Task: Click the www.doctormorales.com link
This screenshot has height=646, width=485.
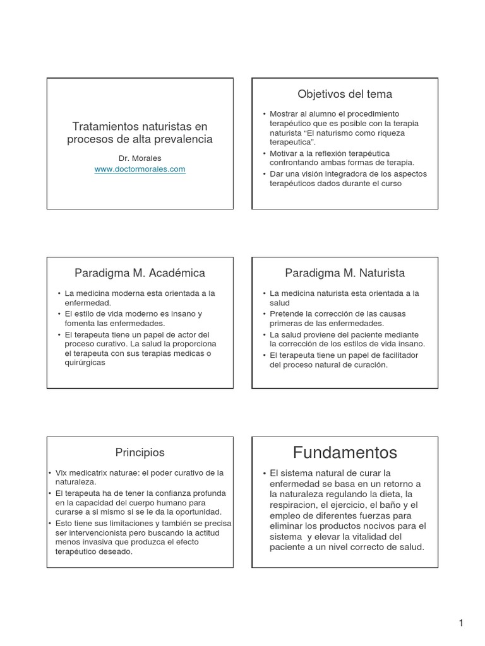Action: tap(140, 170)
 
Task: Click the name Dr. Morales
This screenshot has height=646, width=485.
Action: tap(140, 159)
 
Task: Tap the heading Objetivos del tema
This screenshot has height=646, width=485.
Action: tap(345, 95)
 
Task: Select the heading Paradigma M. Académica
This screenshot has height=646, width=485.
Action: tap(140, 273)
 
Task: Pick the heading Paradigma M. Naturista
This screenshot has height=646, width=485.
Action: tap(345, 273)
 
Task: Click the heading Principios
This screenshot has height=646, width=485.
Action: tap(140, 452)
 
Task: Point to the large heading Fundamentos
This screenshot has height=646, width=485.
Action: tap(345, 452)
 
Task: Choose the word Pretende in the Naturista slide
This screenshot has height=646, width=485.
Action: tap(287, 314)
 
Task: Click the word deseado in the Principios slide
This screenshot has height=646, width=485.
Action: tap(118, 551)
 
